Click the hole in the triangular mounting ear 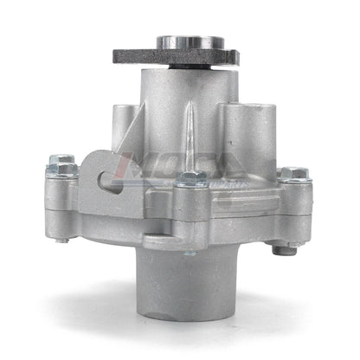click(x=105, y=177)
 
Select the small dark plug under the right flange click(x=283, y=250)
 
